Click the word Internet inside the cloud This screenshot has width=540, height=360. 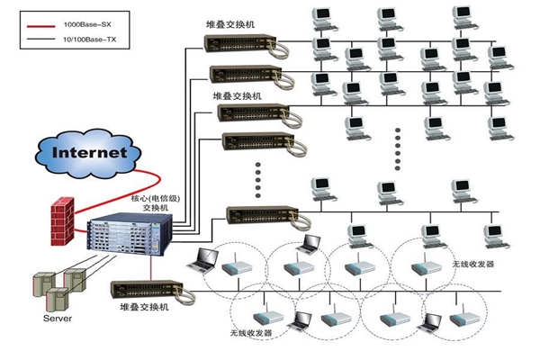(x=90, y=152)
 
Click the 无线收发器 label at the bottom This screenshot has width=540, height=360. (x=251, y=333)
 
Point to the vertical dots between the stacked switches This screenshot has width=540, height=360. (x=259, y=178)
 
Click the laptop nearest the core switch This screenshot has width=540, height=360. (x=204, y=259)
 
